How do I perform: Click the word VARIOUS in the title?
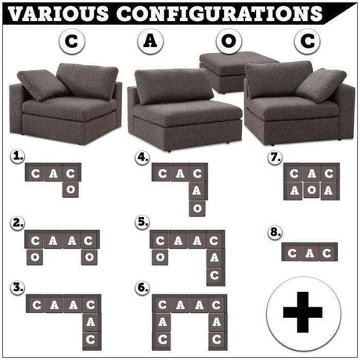(x=58, y=13)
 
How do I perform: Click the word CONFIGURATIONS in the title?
(x=220, y=13)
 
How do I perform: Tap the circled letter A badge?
(x=150, y=41)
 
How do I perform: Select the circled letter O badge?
(x=229, y=41)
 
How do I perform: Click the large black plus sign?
(x=303, y=312)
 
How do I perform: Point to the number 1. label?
(x=17, y=157)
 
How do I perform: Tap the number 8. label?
(x=275, y=232)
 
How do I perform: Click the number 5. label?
(x=142, y=222)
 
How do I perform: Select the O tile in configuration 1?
(x=70, y=189)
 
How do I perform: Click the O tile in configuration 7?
(x=311, y=190)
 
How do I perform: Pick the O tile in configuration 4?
(x=197, y=208)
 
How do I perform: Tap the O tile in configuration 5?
(x=160, y=257)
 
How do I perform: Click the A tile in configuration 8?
(x=309, y=252)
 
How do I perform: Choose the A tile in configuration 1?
(x=53, y=172)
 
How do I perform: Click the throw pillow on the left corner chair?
(x=42, y=85)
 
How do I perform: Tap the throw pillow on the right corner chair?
(x=322, y=85)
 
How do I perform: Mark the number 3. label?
(x=17, y=288)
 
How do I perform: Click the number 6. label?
(x=142, y=288)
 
